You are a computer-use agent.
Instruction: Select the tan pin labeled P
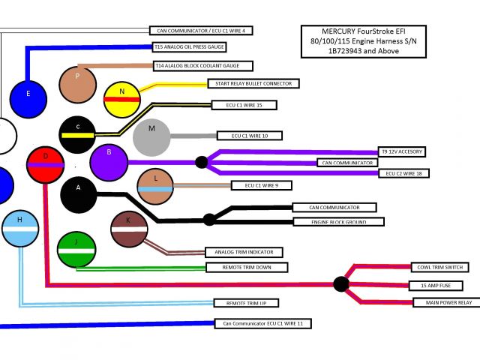[x=79, y=84]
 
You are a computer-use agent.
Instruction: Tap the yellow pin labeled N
[x=122, y=98]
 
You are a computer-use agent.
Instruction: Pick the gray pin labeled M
[x=152, y=136]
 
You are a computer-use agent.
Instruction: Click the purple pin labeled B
[x=109, y=160]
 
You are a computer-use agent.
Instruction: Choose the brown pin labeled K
[x=129, y=229]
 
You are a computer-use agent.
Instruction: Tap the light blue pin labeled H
[x=20, y=228]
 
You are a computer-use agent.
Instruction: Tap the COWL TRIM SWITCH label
[x=439, y=267]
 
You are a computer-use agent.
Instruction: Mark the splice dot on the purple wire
[x=201, y=161]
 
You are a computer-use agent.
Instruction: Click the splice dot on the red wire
[x=341, y=283]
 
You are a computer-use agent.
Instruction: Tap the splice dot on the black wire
[x=209, y=219]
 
